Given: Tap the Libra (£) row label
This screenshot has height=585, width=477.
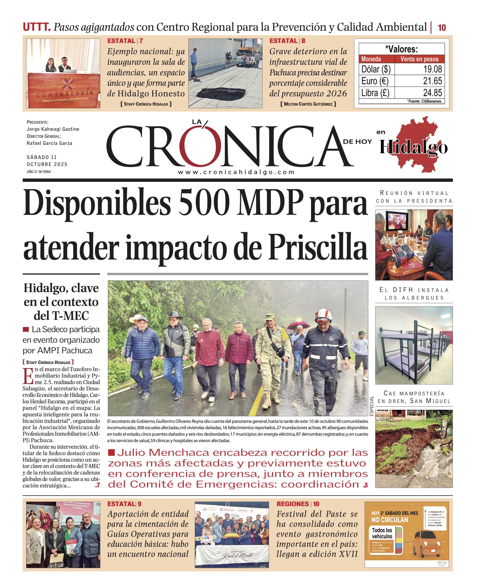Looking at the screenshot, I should (375, 93).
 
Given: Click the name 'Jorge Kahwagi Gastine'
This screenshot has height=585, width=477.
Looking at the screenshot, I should (53, 129).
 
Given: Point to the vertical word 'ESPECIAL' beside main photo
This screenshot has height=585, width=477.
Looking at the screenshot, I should (371, 406).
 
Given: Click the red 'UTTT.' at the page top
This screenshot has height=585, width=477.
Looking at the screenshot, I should (37, 27).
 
